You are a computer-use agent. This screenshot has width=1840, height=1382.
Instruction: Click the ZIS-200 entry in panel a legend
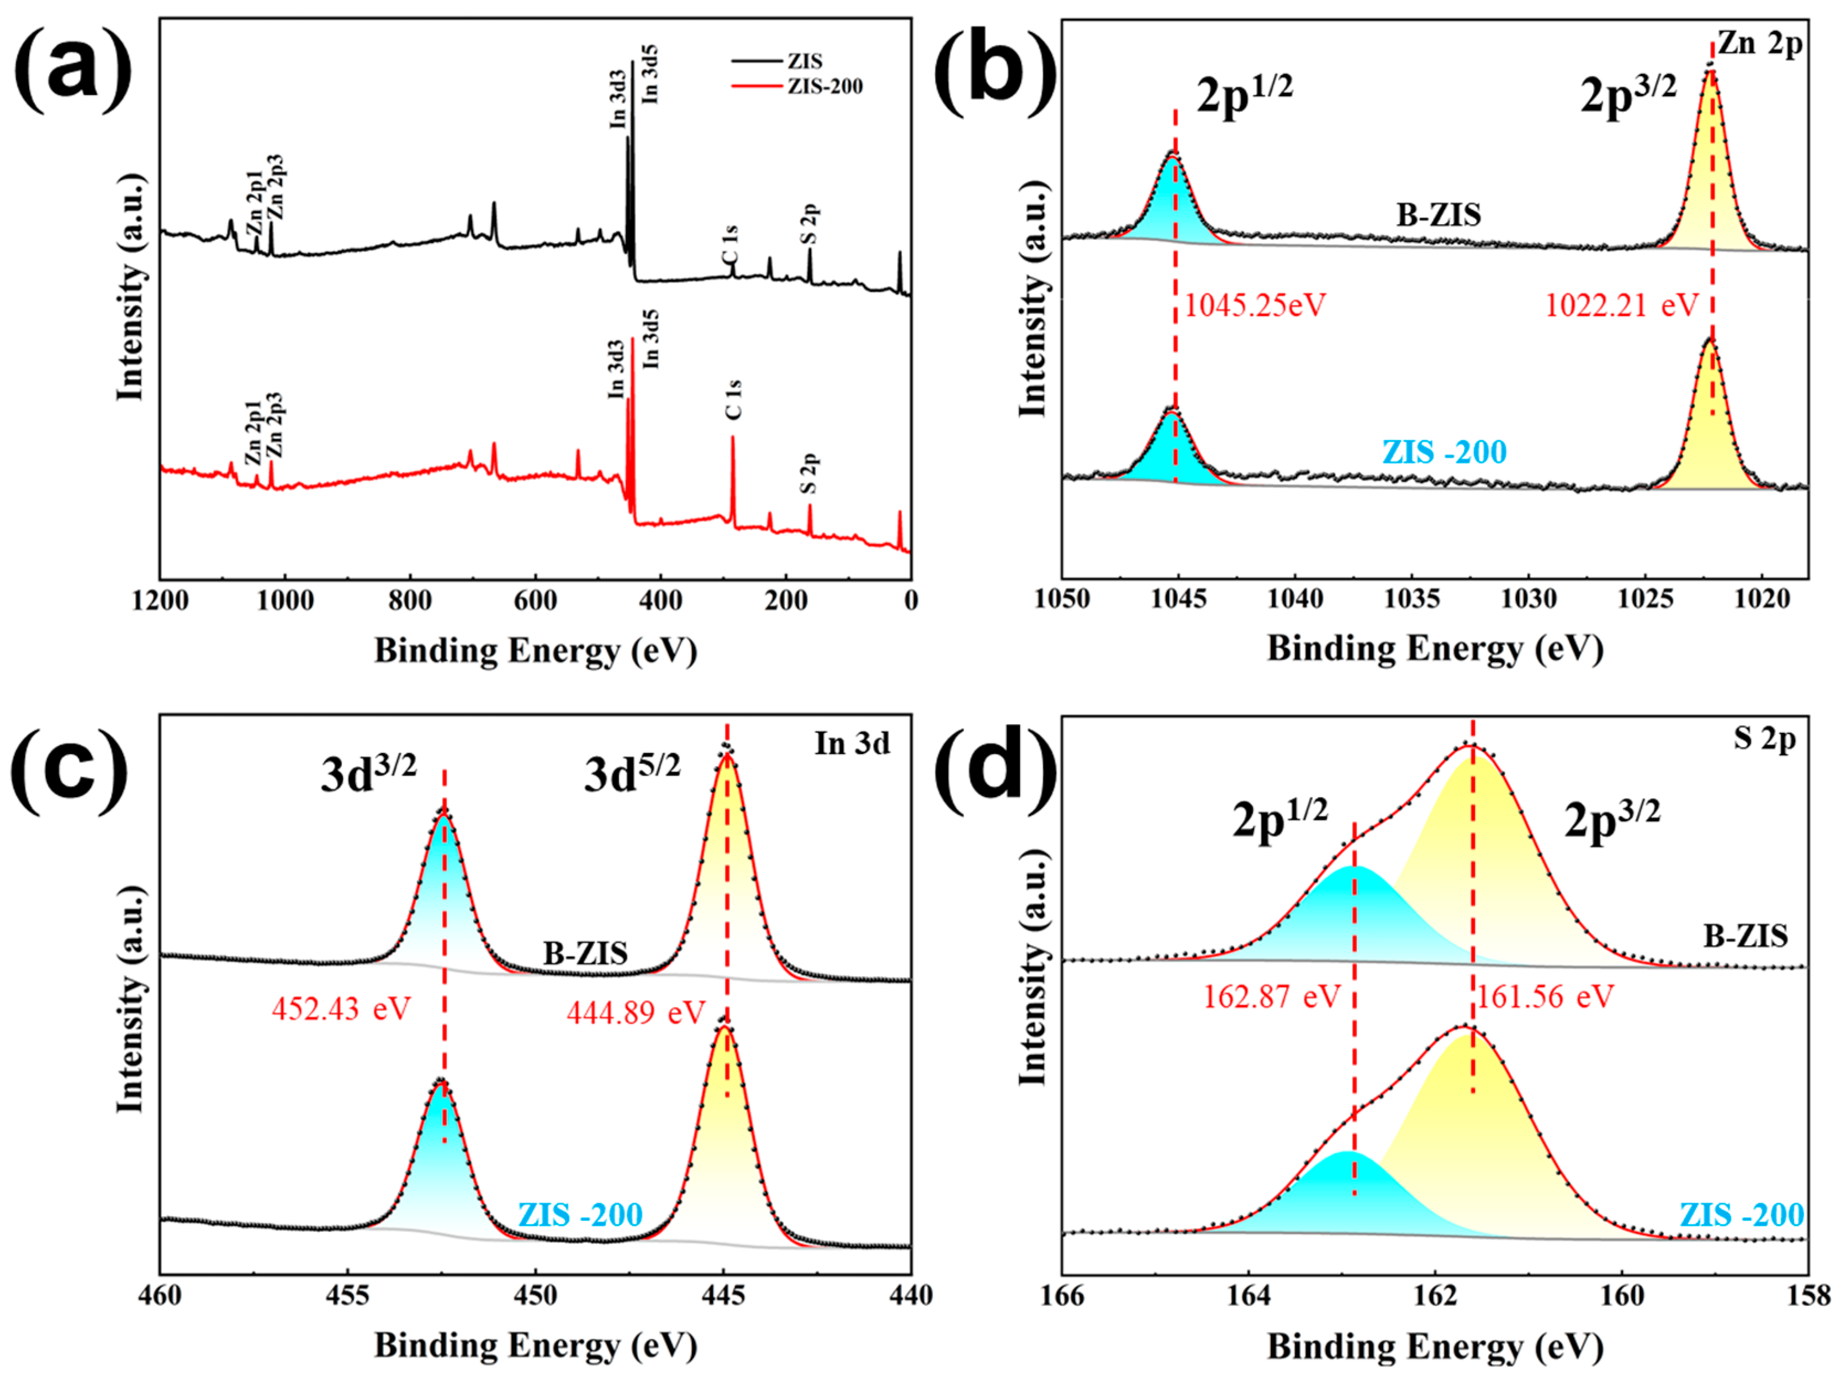click(824, 87)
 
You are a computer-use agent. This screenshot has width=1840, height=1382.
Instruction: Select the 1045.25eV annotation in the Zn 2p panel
click(1255, 306)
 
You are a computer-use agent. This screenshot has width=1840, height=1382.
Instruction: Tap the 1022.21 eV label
click(1620, 306)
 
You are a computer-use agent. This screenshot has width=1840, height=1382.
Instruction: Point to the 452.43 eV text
click(341, 1009)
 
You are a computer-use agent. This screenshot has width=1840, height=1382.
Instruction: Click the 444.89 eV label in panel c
click(636, 1012)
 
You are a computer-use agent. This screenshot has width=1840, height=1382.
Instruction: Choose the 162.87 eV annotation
click(1272, 996)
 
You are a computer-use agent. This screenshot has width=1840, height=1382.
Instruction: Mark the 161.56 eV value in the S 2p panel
click(1546, 996)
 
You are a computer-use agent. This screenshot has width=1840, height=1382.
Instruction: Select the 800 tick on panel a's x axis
click(410, 601)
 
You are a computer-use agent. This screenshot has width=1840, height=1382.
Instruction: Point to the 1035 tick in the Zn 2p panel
click(1411, 599)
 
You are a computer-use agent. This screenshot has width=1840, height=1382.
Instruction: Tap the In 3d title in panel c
click(852, 743)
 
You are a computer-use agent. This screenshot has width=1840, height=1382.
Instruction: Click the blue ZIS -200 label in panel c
click(580, 1214)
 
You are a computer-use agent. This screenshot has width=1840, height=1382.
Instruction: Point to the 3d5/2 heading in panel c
click(632, 774)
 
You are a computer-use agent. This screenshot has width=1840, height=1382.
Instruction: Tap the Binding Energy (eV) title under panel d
click(1435, 1346)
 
